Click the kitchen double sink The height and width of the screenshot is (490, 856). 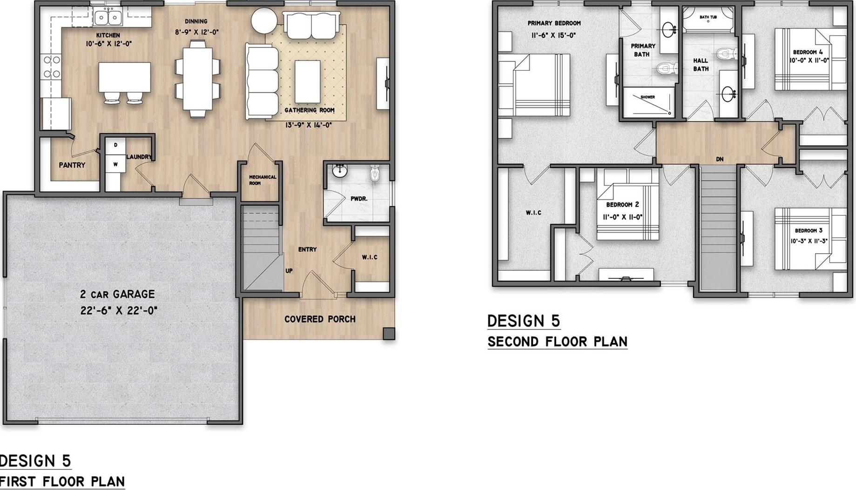pos(108,18)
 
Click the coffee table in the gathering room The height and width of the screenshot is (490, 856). pos(307,81)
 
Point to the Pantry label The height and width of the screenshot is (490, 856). pos(72,165)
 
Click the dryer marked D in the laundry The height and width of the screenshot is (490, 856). pos(115,145)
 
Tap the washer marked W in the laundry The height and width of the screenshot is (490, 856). pos(115,164)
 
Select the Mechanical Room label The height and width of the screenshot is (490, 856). pos(263,180)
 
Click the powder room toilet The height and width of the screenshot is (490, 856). pos(375,174)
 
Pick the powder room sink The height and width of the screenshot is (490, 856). pos(340,171)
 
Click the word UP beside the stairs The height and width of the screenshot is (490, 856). pos(289,271)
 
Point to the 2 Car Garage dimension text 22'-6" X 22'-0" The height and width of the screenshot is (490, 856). pos(119,310)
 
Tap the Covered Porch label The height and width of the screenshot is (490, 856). pos(320,319)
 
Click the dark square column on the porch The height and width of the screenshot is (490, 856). pos(389,334)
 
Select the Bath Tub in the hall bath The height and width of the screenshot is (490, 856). pos(708,19)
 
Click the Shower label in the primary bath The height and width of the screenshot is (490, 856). pos(647,97)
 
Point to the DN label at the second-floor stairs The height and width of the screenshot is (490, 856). pos(720,159)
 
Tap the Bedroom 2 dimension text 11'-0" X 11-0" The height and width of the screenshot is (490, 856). pos(622,217)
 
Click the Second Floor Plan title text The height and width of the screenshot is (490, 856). pos(558,342)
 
